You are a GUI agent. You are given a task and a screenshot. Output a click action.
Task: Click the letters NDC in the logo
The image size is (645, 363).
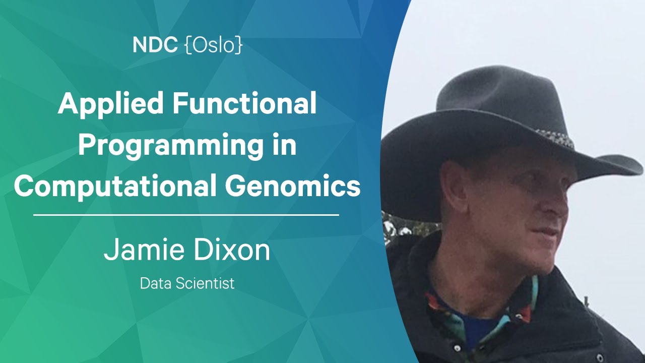(155, 45)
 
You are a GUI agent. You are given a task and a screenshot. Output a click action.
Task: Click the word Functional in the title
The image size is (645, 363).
(244, 103)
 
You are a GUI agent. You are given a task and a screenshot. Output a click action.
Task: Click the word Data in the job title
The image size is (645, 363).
(156, 283)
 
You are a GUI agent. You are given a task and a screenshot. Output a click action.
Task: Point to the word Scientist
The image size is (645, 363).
(205, 283)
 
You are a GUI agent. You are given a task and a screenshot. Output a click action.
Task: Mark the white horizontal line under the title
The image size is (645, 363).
(186, 215)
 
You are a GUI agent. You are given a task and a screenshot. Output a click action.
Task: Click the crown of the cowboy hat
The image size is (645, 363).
(501, 92)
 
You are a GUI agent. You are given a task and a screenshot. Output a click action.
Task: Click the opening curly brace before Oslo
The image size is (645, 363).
(188, 45)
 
